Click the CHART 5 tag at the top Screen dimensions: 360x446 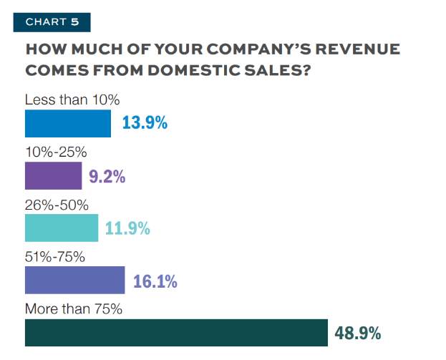coord(52,21)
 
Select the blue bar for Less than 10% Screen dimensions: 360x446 coord(68,123)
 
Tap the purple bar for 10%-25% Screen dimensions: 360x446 coord(54,175)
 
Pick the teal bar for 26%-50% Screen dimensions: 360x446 coord(61,228)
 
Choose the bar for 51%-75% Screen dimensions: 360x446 coord(75,281)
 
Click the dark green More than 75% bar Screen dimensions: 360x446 coord(176,333)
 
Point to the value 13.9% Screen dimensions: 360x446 coord(145,123)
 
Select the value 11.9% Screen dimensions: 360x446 coord(127,228)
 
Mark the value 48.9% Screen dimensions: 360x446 coord(357,334)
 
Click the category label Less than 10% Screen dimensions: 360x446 coord(67,99)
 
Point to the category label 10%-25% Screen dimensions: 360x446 coord(56,152)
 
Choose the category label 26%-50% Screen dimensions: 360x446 coord(57,205)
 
